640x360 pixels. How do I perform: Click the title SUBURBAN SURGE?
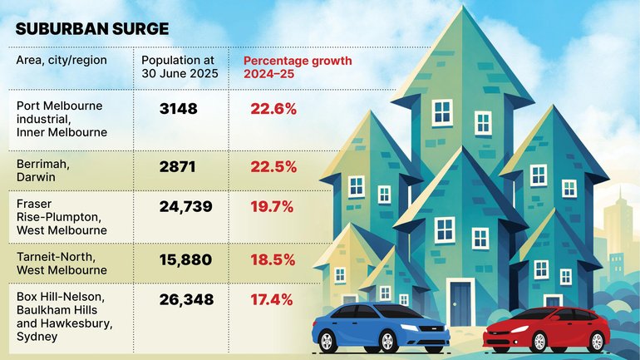pyautogui.click(x=91, y=28)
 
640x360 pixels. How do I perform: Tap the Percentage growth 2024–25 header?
pyautogui.click(x=298, y=67)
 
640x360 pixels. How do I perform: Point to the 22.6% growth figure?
pyautogui.click(x=273, y=108)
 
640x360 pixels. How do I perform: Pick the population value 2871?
pyautogui.click(x=177, y=166)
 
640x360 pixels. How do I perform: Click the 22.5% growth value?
pyautogui.click(x=273, y=166)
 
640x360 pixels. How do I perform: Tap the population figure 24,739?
pyautogui.click(x=187, y=206)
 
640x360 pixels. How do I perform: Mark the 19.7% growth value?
pyautogui.click(x=273, y=206)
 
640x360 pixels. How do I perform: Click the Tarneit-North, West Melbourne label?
pyautogui.click(x=62, y=264)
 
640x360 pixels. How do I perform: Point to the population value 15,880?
pyautogui.click(x=187, y=259)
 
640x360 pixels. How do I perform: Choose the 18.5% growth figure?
pyautogui.click(x=273, y=259)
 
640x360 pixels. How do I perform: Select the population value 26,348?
pyautogui.click(x=187, y=299)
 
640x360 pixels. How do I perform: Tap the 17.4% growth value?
pyautogui.click(x=273, y=299)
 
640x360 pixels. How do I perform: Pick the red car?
pyautogui.click(x=546, y=329)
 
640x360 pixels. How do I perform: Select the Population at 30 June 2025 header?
pyautogui.click(x=180, y=67)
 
